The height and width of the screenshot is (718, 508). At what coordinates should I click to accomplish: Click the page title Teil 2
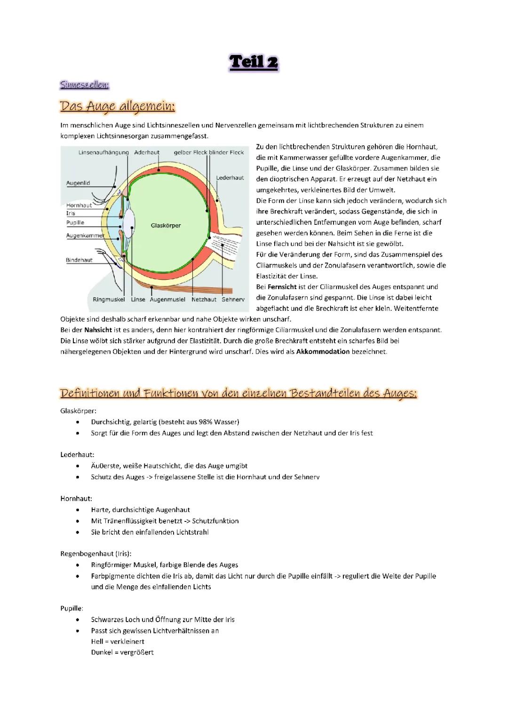254,62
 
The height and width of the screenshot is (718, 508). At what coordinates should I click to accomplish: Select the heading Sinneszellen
85,85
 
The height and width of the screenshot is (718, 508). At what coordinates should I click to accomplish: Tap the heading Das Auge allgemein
117,106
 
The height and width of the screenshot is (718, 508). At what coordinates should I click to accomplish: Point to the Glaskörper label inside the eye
166,226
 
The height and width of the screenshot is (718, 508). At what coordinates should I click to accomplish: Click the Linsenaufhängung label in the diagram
103,152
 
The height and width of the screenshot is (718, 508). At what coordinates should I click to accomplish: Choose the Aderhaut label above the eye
147,152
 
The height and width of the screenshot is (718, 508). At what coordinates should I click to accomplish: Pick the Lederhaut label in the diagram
230,178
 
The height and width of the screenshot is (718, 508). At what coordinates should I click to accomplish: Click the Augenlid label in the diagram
78,183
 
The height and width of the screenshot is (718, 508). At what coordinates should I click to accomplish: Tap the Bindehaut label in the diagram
79,260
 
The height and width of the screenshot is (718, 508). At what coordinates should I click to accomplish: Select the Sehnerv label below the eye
233,300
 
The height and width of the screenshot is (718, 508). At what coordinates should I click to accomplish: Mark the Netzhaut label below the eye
204,300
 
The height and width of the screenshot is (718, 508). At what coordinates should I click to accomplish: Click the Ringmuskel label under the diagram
109,300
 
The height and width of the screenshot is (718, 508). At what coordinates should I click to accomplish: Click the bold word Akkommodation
323,352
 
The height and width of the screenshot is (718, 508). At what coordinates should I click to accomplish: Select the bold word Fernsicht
282,287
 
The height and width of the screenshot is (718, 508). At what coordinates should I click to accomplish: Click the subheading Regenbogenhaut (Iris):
96,553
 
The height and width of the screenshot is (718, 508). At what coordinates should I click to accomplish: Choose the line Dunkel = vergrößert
122,653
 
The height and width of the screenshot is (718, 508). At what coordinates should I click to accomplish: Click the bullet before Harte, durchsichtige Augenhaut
78,510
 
